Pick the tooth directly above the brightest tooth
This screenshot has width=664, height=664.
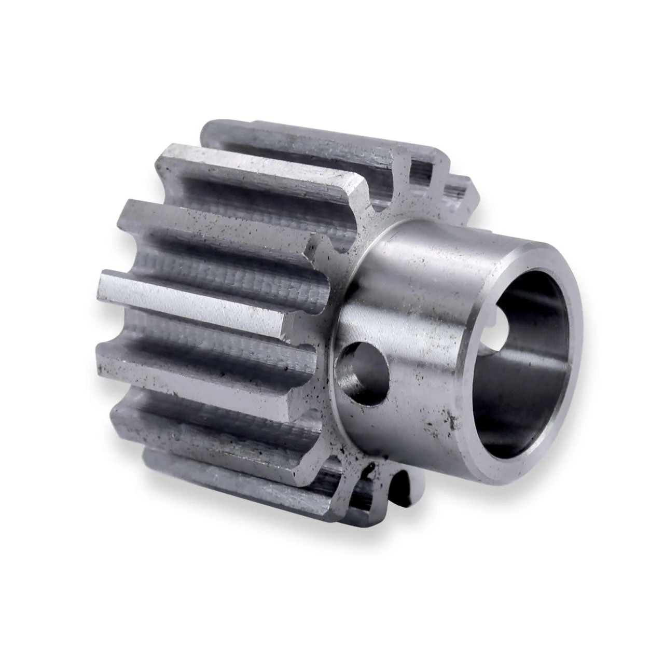coord(218,228)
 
